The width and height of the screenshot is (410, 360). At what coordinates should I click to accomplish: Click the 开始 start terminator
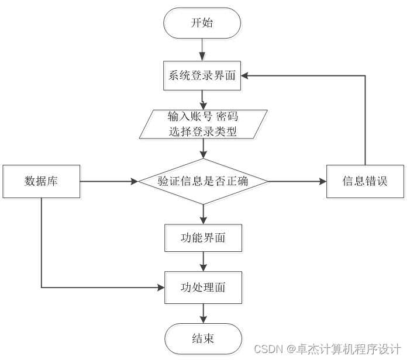point(202,23)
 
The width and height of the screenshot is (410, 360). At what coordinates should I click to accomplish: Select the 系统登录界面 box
point(202,76)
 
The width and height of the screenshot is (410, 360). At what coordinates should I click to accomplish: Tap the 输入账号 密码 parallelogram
point(203,124)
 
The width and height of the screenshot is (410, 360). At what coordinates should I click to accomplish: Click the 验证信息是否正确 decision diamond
point(203,181)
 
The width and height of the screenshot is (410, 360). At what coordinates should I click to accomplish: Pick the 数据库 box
point(42,181)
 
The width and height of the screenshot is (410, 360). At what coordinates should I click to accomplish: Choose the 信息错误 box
point(365,181)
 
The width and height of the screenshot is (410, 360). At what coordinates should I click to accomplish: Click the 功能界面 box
point(203,238)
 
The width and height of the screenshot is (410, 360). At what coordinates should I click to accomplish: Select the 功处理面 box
point(203,288)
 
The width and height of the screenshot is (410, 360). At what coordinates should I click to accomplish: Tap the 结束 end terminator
point(203,339)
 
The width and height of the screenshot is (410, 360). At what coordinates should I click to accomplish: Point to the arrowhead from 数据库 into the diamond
point(135,181)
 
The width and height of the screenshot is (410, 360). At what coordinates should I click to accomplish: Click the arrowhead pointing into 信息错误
point(323,181)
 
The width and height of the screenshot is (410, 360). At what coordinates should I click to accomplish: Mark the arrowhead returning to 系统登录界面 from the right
point(244,76)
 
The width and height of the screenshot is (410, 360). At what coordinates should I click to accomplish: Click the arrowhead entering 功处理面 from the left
point(161,288)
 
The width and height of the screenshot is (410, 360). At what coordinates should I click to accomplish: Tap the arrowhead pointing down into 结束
point(203,320)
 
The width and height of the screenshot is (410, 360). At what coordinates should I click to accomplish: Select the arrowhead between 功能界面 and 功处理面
point(203,268)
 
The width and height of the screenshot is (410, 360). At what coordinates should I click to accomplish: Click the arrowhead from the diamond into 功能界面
point(203,220)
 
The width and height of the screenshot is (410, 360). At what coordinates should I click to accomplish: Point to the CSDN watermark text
point(328,349)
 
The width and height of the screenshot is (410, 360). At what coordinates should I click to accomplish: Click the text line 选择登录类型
point(202,131)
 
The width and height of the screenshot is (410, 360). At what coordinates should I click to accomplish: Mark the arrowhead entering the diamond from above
point(203,155)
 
